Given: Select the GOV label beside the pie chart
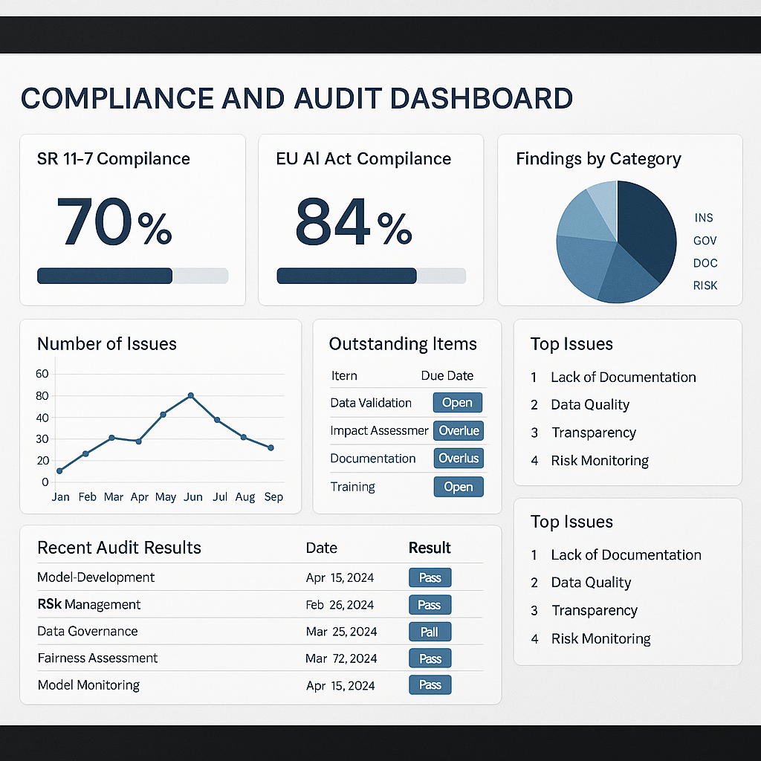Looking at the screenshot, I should (705, 241).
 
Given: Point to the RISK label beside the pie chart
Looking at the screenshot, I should (705, 285).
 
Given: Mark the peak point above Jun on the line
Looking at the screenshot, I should (191, 395).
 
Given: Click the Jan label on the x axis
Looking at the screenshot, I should (60, 496).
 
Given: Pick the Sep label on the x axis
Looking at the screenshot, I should (273, 496).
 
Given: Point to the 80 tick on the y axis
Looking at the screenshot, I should (42, 395).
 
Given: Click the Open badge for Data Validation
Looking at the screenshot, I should (457, 403).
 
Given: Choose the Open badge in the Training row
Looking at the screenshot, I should (458, 487).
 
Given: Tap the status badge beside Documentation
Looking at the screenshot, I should (458, 459).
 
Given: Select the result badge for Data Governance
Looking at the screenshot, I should (430, 632).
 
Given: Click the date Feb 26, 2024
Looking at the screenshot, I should (340, 605).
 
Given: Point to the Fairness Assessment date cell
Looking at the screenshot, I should (340, 658).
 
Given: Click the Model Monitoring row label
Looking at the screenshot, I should (88, 685).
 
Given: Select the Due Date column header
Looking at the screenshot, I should (447, 375).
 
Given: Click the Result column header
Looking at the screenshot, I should (430, 548).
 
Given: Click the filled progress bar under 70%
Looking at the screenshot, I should (105, 276).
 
